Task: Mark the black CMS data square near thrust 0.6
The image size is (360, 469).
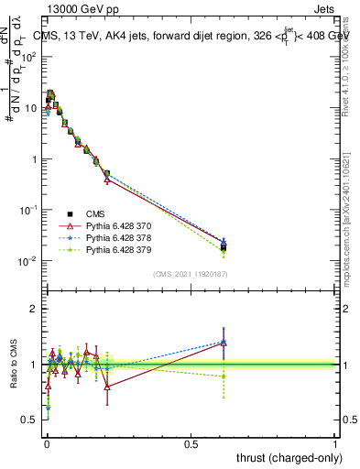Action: pyautogui.click(x=224, y=247)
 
